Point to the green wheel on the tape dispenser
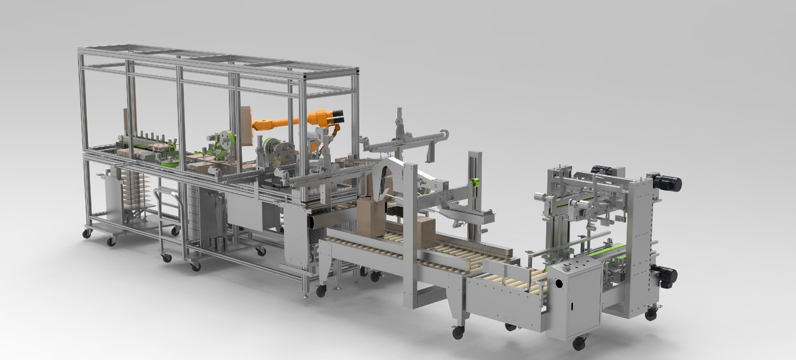point(226,140)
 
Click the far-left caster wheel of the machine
point(87,234)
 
